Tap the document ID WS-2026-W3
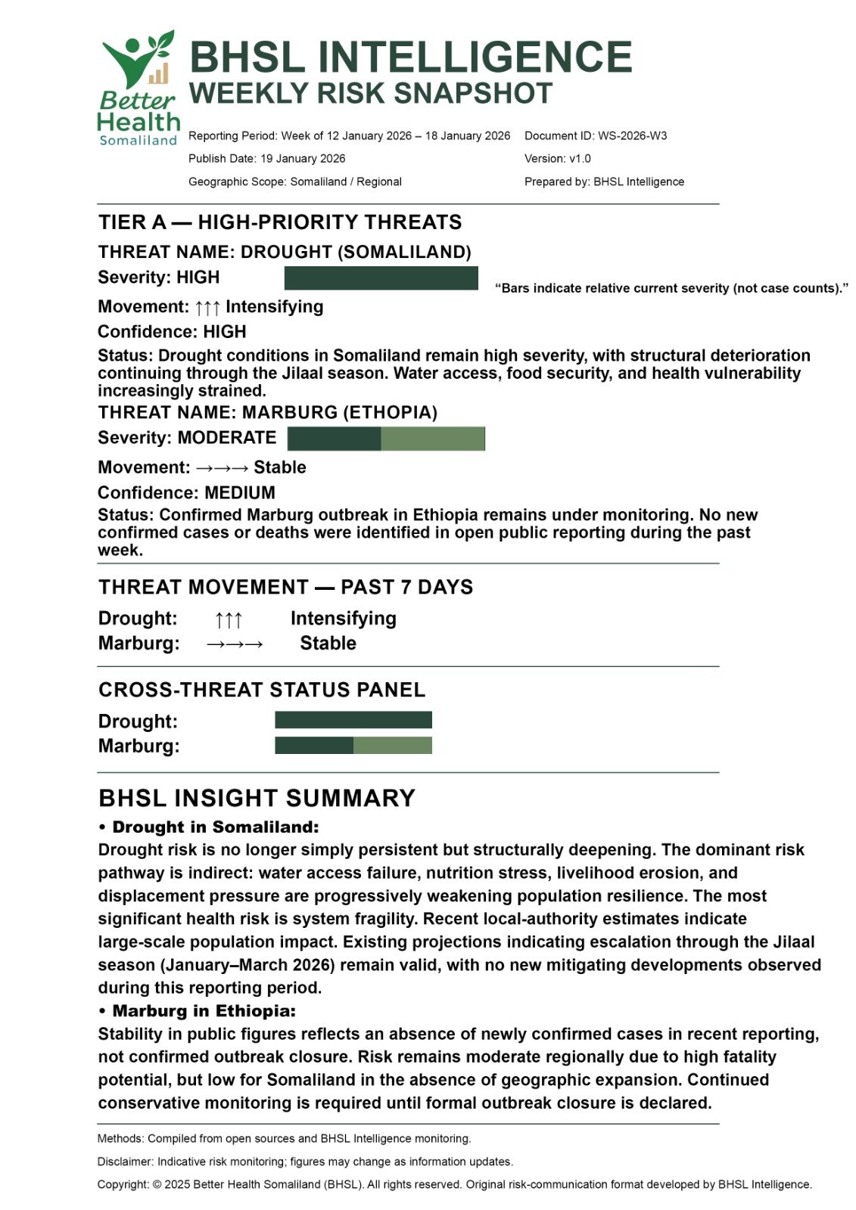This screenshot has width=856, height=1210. [x=632, y=136]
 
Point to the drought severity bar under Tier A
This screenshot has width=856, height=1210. [x=381, y=278]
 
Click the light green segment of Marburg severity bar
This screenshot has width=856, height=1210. [x=432, y=439]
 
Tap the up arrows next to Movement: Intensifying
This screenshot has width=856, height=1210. [x=207, y=308]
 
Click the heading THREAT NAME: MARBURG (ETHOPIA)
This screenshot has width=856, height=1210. [x=267, y=413]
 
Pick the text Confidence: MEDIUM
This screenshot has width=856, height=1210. [x=186, y=493]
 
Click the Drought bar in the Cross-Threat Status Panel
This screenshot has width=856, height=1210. [x=353, y=720]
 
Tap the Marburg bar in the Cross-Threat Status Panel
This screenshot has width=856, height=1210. [x=353, y=746]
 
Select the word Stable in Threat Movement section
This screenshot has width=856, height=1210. [x=328, y=644]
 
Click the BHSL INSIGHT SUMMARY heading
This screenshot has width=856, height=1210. [x=257, y=799]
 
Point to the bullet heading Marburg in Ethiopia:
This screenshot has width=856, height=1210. [x=204, y=1011]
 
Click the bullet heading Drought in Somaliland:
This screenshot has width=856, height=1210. [x=215, y=827]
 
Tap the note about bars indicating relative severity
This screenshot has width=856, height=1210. [x=671, y=288]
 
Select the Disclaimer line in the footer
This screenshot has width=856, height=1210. [x=305, y=1162]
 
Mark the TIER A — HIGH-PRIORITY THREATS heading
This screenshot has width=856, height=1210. [x=280, y=222]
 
